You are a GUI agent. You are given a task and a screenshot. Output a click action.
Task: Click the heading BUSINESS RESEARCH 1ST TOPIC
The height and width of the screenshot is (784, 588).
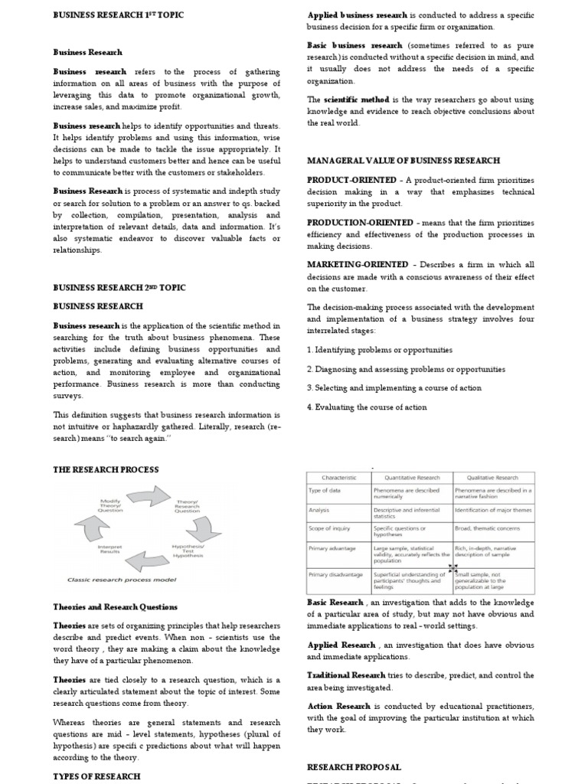coord(118,15)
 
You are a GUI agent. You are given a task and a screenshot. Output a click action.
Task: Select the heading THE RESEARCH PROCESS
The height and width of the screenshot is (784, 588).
coord(106,469)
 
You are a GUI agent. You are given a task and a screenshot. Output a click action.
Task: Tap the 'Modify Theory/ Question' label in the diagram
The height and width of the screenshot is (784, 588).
coord(111,506)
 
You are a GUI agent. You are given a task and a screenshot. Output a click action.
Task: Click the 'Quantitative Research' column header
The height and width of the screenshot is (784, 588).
coord(412,476)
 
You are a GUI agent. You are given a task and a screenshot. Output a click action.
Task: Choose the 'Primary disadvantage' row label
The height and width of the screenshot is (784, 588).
coord(335,573)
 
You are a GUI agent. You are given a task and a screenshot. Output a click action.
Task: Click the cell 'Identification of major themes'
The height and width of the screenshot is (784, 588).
coord(493,509)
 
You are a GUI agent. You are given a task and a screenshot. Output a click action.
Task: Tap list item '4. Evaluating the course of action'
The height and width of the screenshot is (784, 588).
coord(367,407)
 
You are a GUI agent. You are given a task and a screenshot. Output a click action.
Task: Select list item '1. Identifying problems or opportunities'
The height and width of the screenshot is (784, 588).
coord(379,350)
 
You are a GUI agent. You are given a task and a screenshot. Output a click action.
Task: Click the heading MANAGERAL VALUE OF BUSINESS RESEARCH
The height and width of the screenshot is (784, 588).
coord(403,161)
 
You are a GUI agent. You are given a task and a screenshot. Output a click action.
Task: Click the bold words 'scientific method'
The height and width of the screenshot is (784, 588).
coord(357,100)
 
